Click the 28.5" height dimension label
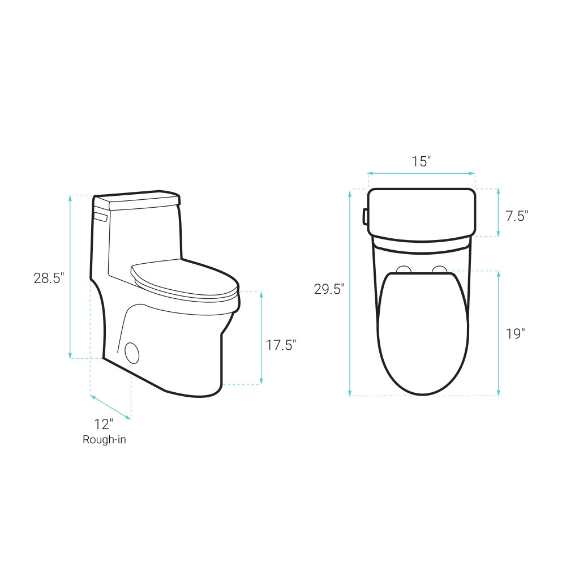tap(49, 278)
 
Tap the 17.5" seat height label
tap(281, 345)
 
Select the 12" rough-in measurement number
tap(104, 424)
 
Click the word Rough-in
tap(104, 440)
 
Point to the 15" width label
tap(422, 162)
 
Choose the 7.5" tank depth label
tap(517, 216)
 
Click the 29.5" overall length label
tap(329, 289)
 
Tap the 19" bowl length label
tap(515, 334)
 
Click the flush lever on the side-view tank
tap(101, 217)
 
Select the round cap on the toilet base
tap(132, 353)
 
